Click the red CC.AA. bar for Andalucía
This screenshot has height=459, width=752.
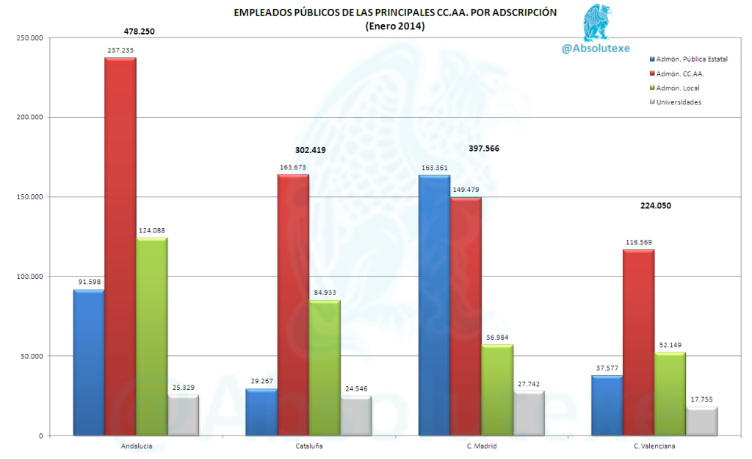[120, 246]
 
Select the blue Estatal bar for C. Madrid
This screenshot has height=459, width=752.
[434, 305]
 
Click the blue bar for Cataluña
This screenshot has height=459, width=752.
[261, 412]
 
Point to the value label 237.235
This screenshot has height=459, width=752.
[120, 50]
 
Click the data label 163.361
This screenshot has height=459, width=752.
[434, 168]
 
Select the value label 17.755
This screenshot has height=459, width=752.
[701, 399]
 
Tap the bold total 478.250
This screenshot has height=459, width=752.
[140, 32]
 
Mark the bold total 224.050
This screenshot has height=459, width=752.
[656, 206]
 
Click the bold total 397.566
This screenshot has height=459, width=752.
[484, 149]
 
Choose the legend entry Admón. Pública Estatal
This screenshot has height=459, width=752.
[687, 59]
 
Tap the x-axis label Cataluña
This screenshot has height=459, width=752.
[308, 446]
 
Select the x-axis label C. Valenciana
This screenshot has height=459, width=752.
[654, 446]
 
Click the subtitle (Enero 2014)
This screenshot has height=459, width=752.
[395, 26]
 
